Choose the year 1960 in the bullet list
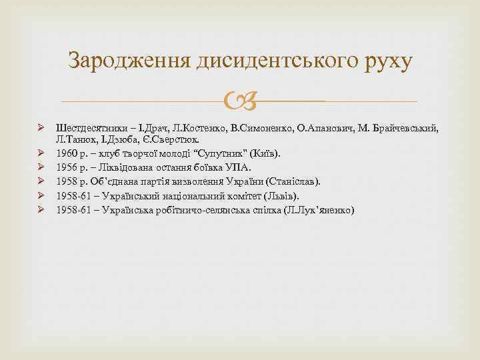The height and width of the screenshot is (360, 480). (x=67, y=154)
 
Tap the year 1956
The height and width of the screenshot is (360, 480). (x=67, y=167)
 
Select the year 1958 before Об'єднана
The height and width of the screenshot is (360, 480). (x=67, y=181)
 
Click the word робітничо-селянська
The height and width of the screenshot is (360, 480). (x=197, y=209)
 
